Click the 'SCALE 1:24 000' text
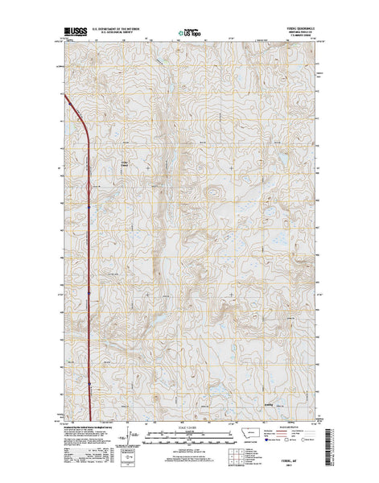(189, 425)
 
